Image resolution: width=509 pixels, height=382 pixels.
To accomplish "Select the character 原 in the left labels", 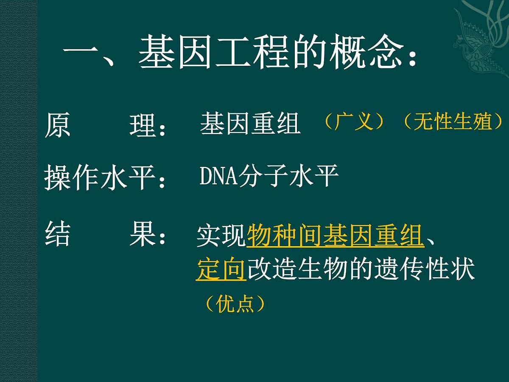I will tap(57, 124).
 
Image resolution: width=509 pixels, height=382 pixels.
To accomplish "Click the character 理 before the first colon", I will tap(142, 124).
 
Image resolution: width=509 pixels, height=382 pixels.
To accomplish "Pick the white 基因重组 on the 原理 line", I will tap(250, 124).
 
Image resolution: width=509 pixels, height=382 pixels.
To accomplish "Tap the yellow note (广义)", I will tap(354, 122).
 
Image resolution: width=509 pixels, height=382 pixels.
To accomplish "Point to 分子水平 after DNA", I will tap(288, 176).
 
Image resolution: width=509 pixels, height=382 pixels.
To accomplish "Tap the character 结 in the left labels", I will tap(57, 235).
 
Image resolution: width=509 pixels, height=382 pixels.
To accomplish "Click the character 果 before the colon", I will tap(142, 235).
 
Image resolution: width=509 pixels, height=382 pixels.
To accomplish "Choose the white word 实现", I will tap(221, 236).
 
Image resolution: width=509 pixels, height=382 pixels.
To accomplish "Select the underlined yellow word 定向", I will tap(221, 270).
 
